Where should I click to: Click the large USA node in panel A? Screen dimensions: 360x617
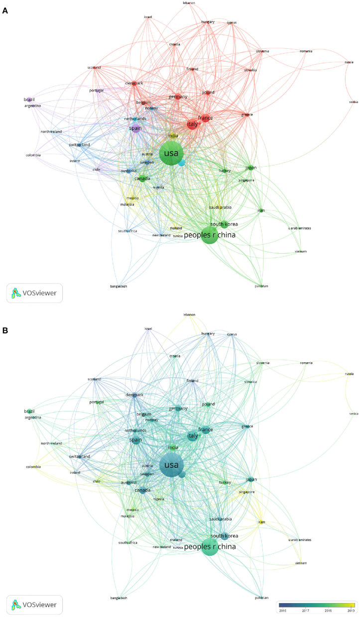(x=171, y=154)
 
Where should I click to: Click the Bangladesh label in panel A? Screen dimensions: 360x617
(x=119, y=287)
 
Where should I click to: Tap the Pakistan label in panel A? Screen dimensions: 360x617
(x=261, y=286)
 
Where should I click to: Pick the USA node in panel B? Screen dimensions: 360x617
(x=171, y=465)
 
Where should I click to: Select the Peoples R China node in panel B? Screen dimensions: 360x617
(x=210, y=546)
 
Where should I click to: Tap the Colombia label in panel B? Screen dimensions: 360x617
(x=33, y=467)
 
